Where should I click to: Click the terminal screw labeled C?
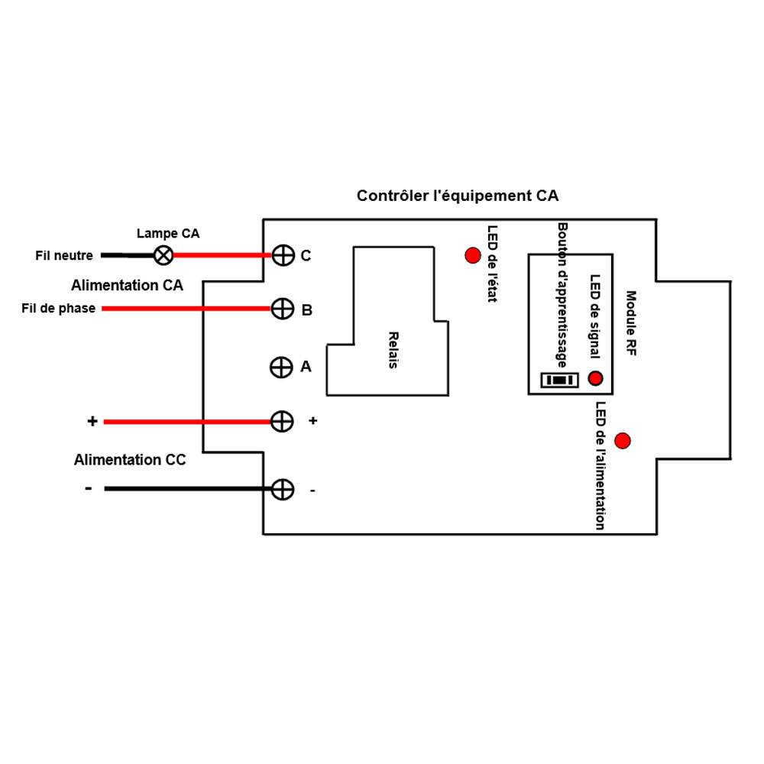[x=283, y=255]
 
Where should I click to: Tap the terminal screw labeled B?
[x=283, y=309]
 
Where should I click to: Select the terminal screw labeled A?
[x=281, y=367]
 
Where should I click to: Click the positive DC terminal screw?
[x=283, y=421]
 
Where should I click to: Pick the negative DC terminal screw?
[x=283, y=489]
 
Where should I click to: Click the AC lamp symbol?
[x=163, y=255]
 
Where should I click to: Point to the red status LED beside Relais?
[x=472, y=255]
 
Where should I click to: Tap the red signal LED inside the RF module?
[x=595, y=378]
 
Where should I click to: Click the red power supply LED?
[x=623, y=441]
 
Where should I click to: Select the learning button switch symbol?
[x=559, y=380]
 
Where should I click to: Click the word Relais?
[x=393, y=351]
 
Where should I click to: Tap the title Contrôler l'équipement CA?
[x=458, y=196]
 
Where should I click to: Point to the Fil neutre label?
[x=64, y=256]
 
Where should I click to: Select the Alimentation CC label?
[x=130, y=460]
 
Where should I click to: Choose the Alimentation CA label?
[x=127, y=286]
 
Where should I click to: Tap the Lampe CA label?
[x=167, y=234]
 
